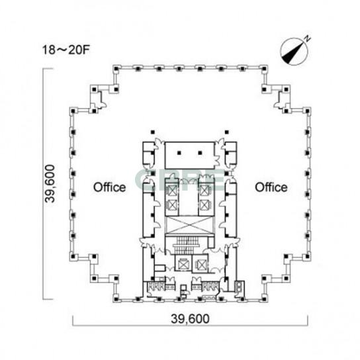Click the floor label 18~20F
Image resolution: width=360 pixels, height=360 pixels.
tap(66, 50)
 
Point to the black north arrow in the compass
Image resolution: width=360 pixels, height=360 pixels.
tap(292, 52)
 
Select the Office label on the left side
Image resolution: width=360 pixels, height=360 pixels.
tap(109, 187)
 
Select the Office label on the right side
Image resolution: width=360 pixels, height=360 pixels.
tap(271, 187)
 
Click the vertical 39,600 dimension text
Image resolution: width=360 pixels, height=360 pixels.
tap(50, 184)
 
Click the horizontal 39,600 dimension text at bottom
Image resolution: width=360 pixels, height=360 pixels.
tap(190, 319)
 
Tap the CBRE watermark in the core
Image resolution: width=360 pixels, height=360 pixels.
tap(180, 179)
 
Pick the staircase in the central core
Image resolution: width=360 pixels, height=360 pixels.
tap(187, 244)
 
